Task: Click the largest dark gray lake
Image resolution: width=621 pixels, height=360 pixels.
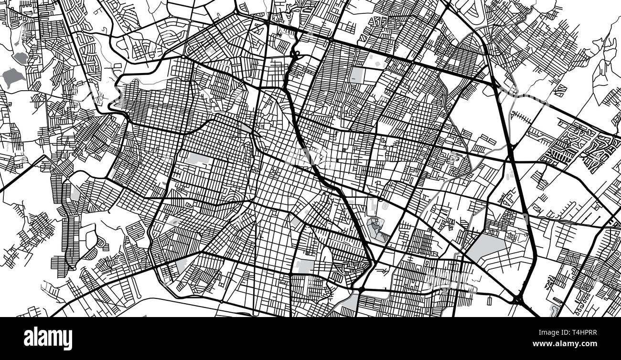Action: coord(11,76)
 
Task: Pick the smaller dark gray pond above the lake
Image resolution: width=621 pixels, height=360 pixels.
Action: coord(21,58)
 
